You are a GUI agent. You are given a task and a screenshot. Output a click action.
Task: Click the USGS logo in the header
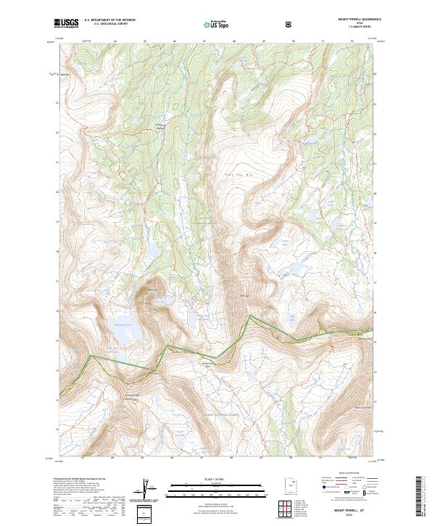[66, 24]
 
